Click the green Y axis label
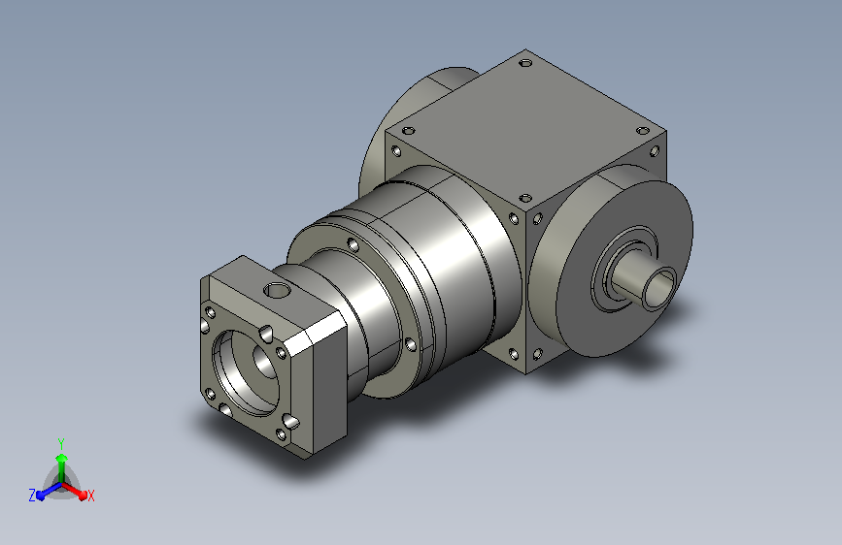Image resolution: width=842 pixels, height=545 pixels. click(61, 443)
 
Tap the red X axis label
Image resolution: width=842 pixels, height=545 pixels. click(90, 496)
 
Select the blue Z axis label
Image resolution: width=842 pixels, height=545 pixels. click(32, 496)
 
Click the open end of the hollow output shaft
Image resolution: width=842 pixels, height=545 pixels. click(659, 288)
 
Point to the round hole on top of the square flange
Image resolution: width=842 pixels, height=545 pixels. click(277, 291)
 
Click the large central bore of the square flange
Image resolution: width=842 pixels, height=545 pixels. click(246, 371)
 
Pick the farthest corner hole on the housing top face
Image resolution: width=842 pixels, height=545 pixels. click(525, 63)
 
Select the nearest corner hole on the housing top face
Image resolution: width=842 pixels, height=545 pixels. click(525, 198)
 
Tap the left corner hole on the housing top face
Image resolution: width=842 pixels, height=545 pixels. click(409, 130)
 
